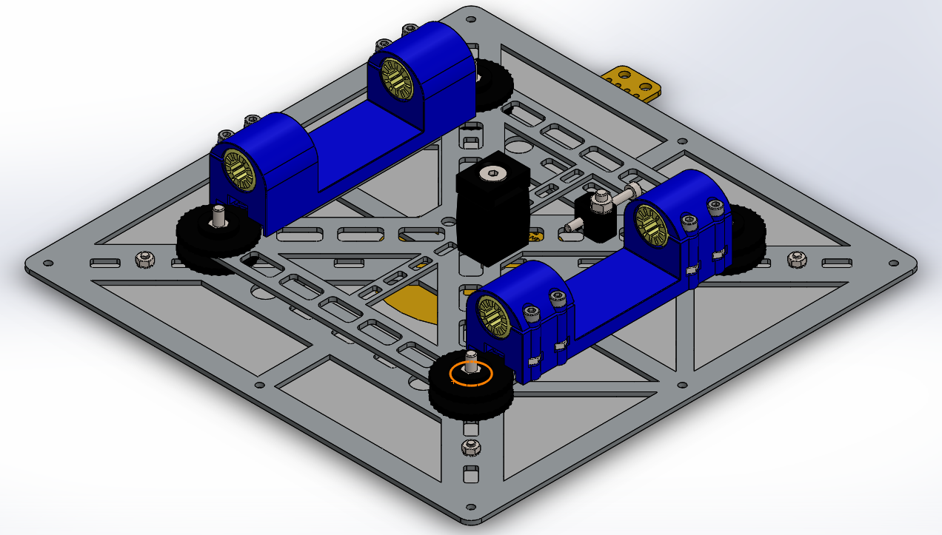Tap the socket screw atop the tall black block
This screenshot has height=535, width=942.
pyautogui.click(x=490, y=173)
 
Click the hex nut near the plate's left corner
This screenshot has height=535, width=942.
pyautogui.click(x=144, y=259)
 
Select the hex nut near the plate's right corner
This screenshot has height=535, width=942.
pyautogui.click(x=796, y=259)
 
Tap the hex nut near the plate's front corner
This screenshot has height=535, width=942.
pyautogui.click(x=469, y=447)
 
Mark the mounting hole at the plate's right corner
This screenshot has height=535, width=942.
pyautogui.click(x=890, y=262)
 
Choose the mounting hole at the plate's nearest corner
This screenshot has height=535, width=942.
pyautogui.click(x=470, y=508)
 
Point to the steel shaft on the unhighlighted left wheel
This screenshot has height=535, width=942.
pyautogui.click(x=218, y=216)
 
